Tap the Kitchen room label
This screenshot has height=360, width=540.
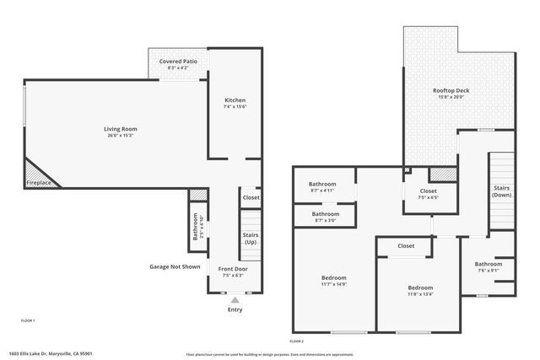pos(235,100)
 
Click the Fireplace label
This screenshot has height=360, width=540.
pos(38,183)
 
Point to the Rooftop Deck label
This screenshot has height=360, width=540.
pos(451,90)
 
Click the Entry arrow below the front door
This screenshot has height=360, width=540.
pos(235,298)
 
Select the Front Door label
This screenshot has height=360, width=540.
pos(235,268)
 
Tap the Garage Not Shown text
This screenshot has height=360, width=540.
pos(175,266)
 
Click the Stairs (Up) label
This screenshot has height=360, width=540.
pos(250,239)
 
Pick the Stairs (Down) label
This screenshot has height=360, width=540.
pos(502,191)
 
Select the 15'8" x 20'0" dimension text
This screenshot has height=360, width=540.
pos(451,97)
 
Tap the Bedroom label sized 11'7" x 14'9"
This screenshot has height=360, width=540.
pos(333,277)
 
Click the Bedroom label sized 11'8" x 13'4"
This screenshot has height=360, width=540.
pos(419,287)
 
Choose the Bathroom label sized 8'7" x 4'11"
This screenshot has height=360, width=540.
pos(322,184)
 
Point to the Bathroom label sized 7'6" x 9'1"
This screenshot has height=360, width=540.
pos(488,264)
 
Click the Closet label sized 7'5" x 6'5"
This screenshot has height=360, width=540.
pos(428,191)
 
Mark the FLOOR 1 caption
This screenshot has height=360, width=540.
pos(28,321)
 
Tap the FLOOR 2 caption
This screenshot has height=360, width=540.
pos(296,341)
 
